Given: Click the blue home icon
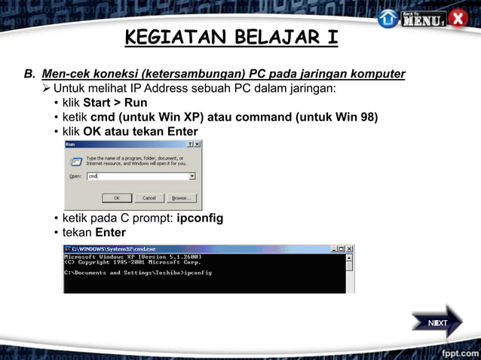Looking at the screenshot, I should coord(388,18).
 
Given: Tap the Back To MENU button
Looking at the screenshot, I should coord(423,18).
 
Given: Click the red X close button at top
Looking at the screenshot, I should coord(458,18).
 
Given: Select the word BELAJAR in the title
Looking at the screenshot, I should coord(247,38).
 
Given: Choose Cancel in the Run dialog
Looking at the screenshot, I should coord(149,198).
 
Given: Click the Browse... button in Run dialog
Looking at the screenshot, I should coord(181,198).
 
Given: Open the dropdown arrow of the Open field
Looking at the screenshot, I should coord(192,176).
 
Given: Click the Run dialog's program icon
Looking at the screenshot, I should coord(75,160).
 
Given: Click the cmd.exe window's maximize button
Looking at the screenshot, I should coord(340,249).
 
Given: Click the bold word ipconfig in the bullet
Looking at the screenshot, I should coord(200,218).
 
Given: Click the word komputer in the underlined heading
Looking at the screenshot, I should coord(378,74).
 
